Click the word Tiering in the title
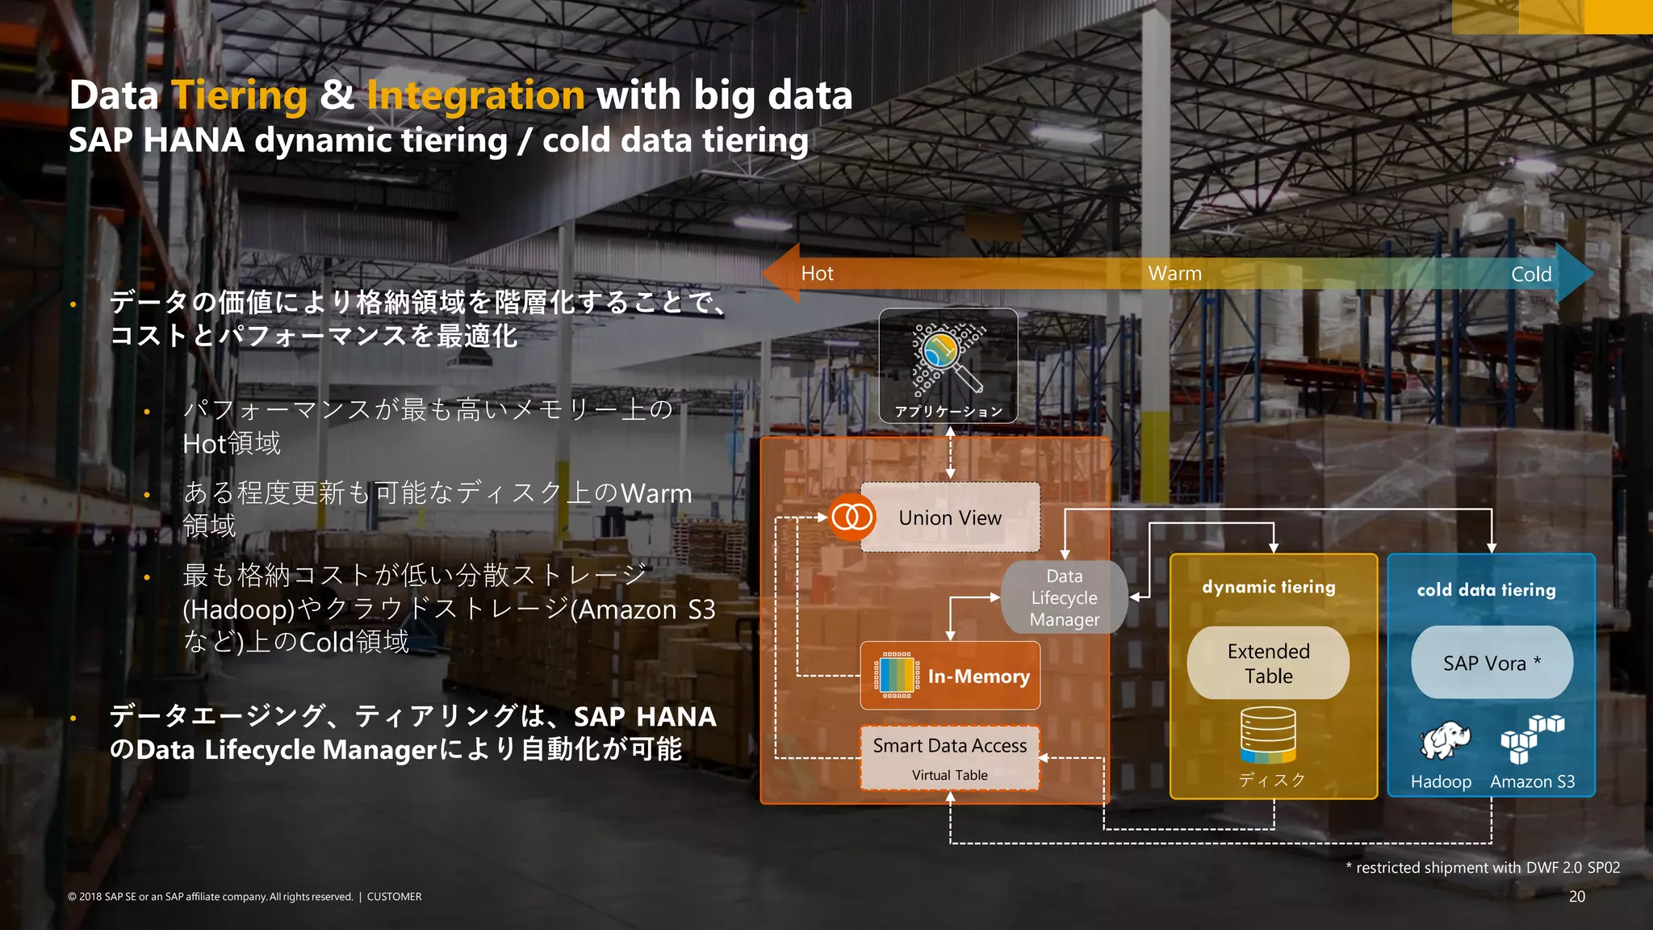(x=240, y=95)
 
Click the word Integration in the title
(x=475, y=95)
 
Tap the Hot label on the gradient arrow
(x=817, y=274)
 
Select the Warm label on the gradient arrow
(x=1174, y=274)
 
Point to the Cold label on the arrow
(x=1530, y=274)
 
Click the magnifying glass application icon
(x=948, y=357)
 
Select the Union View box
(x=950, y=517)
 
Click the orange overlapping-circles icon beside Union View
(x=852, y=517)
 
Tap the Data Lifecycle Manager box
(x=1064, y=597)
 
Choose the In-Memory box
(x=950, y=676)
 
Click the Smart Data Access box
(x=950, y=757)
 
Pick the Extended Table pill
(x=1268, y=663)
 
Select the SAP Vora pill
(x=1492, y=663)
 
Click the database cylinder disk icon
(x=1268, y=735)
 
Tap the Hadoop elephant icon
(x=1444, y=739)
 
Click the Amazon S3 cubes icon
(x=1531, y=738)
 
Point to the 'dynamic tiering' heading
(x=1268, y=587)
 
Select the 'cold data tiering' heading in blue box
(x=1486, y=590)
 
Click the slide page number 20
(x=1576, y=896)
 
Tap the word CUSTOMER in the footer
(x=394, y=897)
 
